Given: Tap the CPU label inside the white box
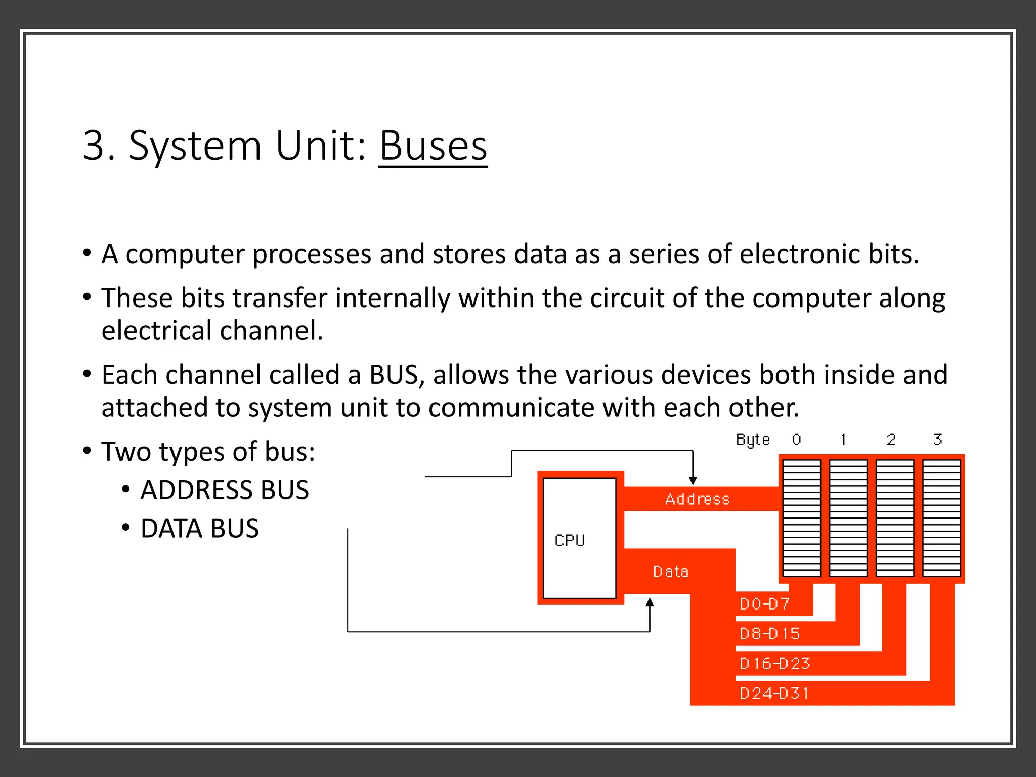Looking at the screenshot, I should pos(570,540).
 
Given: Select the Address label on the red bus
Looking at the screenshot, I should pos(698,499).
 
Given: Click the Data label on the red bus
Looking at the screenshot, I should pos(671,572).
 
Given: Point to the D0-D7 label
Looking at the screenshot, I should pos(764,604).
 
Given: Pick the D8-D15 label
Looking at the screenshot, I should pos(769,634).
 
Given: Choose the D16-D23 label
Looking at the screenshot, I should pos(774,663).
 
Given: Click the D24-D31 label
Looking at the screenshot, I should pos(774,693).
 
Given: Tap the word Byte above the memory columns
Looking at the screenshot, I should pos(753,440).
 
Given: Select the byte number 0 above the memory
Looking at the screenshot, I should pos(796,439).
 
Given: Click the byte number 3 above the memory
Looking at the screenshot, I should pos(937,439).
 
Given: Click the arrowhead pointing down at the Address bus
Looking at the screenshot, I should pos(693,480).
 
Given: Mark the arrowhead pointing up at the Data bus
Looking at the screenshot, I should pos(650,602).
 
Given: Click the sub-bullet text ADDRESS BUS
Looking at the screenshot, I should pos(225,490).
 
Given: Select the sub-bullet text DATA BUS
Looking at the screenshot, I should pos(199,529).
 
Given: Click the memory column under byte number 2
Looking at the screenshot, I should pos(895,518).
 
